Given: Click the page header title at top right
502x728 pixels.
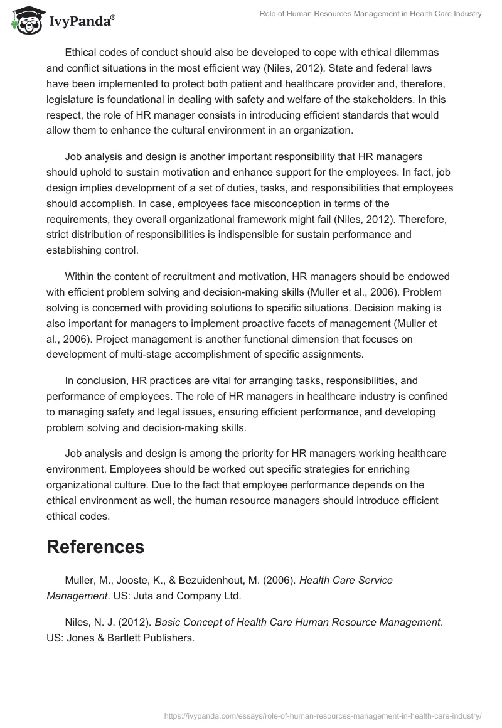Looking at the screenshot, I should point(371,14).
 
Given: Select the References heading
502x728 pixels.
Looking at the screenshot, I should point(95,546).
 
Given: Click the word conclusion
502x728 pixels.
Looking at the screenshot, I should point(102,380).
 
